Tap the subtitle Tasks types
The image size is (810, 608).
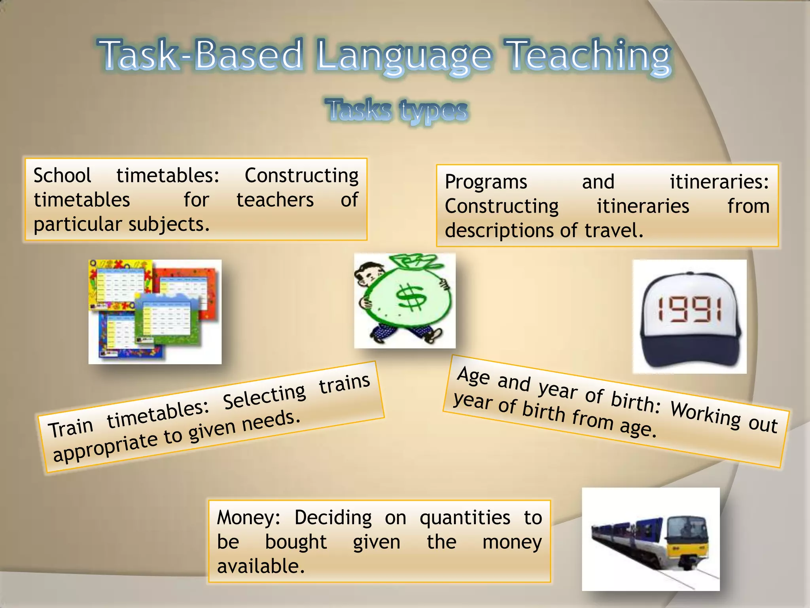click(x=397, y=110)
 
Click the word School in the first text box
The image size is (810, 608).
click(x=62, y=175)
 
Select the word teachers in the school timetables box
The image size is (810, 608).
click(x=275, y=199)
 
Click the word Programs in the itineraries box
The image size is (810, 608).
click(x=486, y=182)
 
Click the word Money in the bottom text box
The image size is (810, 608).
click(x=248, y=518)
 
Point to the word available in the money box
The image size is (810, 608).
click(x=261, y=566)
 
